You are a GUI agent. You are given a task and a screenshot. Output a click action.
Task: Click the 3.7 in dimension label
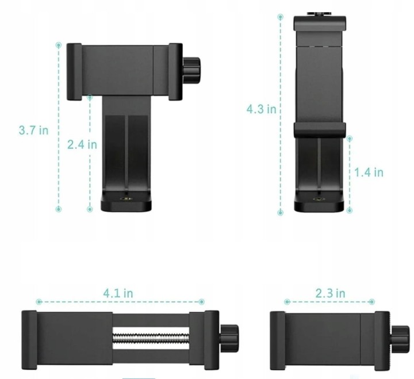pos(33,130)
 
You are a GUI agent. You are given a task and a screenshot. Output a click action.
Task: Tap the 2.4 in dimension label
pos(82,144)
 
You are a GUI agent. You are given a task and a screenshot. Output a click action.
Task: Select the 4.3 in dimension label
pos(262,109)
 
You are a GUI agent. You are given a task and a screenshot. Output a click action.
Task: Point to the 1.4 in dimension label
pos(369,173)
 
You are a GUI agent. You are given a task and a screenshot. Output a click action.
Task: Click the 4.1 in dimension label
pos(118,293)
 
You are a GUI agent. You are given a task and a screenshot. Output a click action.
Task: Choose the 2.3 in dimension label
pos(330,293)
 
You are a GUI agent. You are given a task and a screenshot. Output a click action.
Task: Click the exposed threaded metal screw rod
pos(151,338)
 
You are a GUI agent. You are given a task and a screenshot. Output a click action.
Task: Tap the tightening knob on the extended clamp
pos(229,338)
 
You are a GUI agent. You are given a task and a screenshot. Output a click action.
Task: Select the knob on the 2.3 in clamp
pos(401,339)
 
